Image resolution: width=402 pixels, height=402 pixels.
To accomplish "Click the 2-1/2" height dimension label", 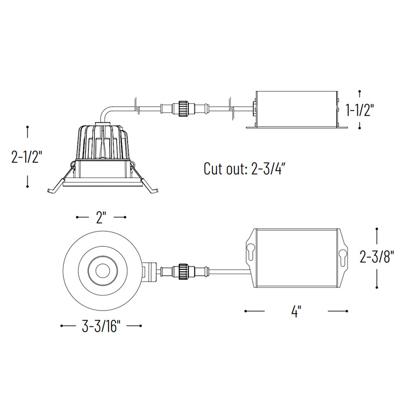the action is tap(27, 157).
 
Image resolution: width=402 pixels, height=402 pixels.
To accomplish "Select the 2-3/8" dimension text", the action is tap(376, 257).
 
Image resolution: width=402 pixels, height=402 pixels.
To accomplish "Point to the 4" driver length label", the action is tap(296, 311).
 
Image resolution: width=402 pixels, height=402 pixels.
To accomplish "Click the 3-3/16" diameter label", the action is tap(101, 326).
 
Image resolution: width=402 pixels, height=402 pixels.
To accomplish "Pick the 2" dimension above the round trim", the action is tap(101, 217).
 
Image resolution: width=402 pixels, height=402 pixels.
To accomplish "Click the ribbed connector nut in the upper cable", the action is tap(183, 109).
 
